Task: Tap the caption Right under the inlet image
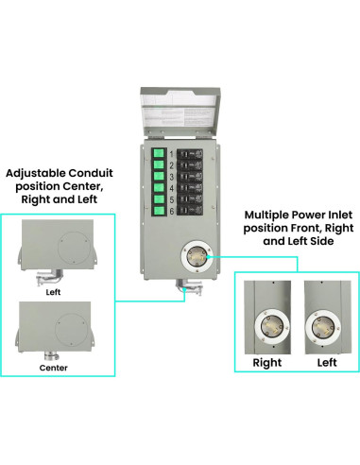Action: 267,362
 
